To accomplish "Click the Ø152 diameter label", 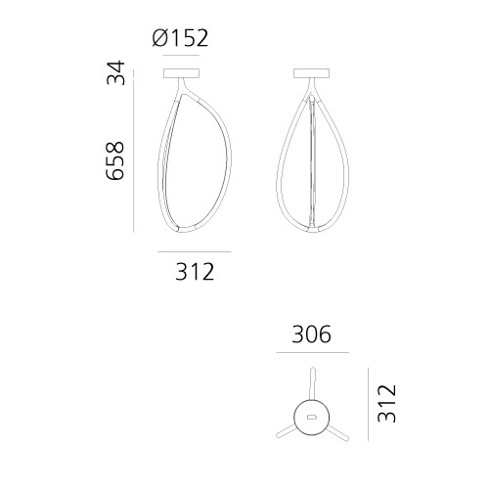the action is (x=180, y=38).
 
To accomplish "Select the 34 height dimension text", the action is (x=115, y=72).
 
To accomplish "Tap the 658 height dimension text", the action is (x=115, y=160).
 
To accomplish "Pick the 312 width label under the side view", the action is (x=195, y=272).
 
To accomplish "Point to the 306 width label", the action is (x=312, y=334).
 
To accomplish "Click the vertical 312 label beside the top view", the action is (x=386, y=404).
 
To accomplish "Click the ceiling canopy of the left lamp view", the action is (x=181, y=73).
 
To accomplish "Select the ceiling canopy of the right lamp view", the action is (x=312, y=73).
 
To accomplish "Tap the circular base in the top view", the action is (x=312, y=418).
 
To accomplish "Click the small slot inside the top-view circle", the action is (x=312, y=417).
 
